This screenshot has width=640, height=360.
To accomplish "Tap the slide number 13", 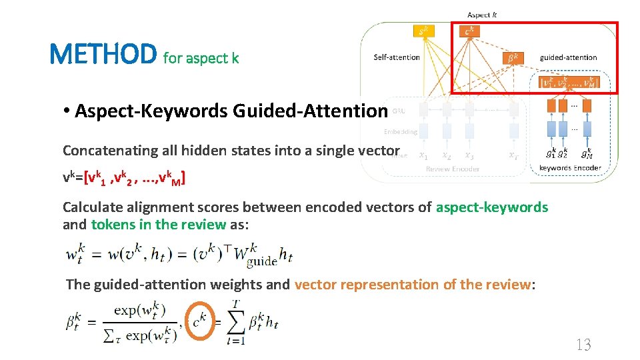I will tap(583, 344).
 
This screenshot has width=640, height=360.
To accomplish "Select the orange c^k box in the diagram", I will tap(470, 31).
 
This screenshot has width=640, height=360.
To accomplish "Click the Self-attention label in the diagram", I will tap(397, 57).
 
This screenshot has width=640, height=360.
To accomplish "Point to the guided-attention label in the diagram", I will tap(568, 57).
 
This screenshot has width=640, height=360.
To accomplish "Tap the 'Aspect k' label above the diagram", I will tap(481, 15).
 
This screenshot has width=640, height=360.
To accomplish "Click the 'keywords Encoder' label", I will tap(570, 168).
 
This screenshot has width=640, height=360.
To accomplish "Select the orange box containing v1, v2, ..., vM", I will tap(569, 83).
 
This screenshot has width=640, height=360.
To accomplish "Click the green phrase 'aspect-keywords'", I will tap(491, 207).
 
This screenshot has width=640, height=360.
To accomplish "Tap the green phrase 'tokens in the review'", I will tap(159, 225).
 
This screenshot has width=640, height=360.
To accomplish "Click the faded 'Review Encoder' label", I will tap(452, 169).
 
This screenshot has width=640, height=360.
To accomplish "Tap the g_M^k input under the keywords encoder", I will tap(587, 153).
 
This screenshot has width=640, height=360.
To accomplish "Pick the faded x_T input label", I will tap(513, 156).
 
